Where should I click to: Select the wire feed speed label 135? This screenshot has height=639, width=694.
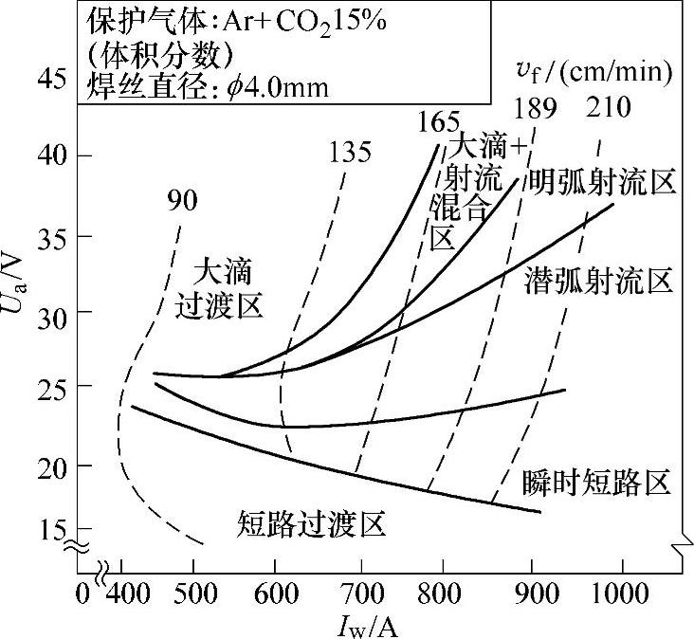pyautogui.click(x=350, y=152)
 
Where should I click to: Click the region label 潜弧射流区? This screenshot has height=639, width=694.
pyautogui.click(x=598, y=281)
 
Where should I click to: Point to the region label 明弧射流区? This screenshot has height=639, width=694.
pyautogui.click(x=602, y=180)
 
